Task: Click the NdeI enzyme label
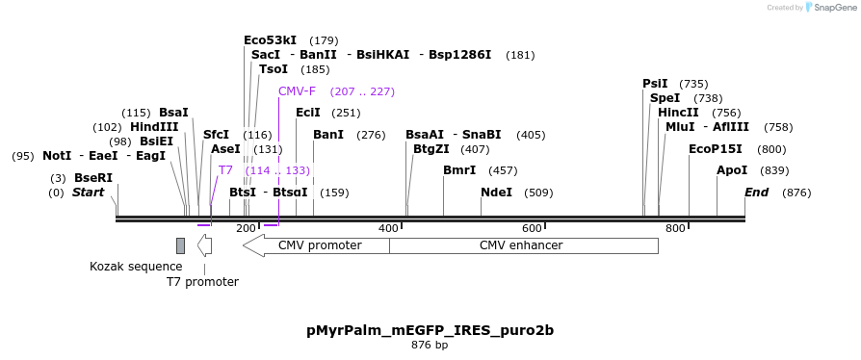point(496,193)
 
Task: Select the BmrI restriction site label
point(459,170)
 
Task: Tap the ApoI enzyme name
point(732,170)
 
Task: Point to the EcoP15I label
point(716,149)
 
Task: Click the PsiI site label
point(655,84)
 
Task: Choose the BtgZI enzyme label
point(431,149)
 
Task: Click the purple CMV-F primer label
point(297,91)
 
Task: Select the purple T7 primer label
point(225,170)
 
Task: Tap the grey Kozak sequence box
point(180,245)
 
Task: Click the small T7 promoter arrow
point(204,245)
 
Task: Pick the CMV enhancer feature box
point(523,245)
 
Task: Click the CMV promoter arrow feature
point(317,245)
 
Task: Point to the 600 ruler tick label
point(533,228)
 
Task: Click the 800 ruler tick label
point(675,228)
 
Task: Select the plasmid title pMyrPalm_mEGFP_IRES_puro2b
point(430,330)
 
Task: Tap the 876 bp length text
point(430,345)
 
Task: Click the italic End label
point(756,193)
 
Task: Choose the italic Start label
point(88,193)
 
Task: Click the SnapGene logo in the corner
point(830,8)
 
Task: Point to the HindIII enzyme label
point(154,127)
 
